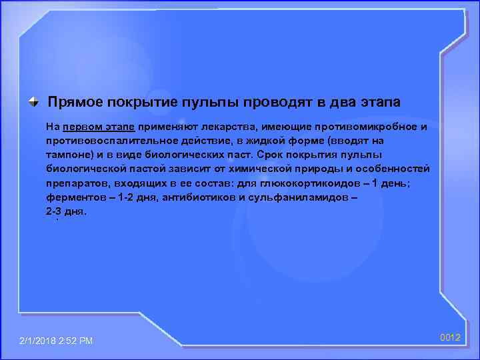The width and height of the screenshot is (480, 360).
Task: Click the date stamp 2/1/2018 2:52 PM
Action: pos(57,341)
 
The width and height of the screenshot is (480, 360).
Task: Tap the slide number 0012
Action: pos(450,338)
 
